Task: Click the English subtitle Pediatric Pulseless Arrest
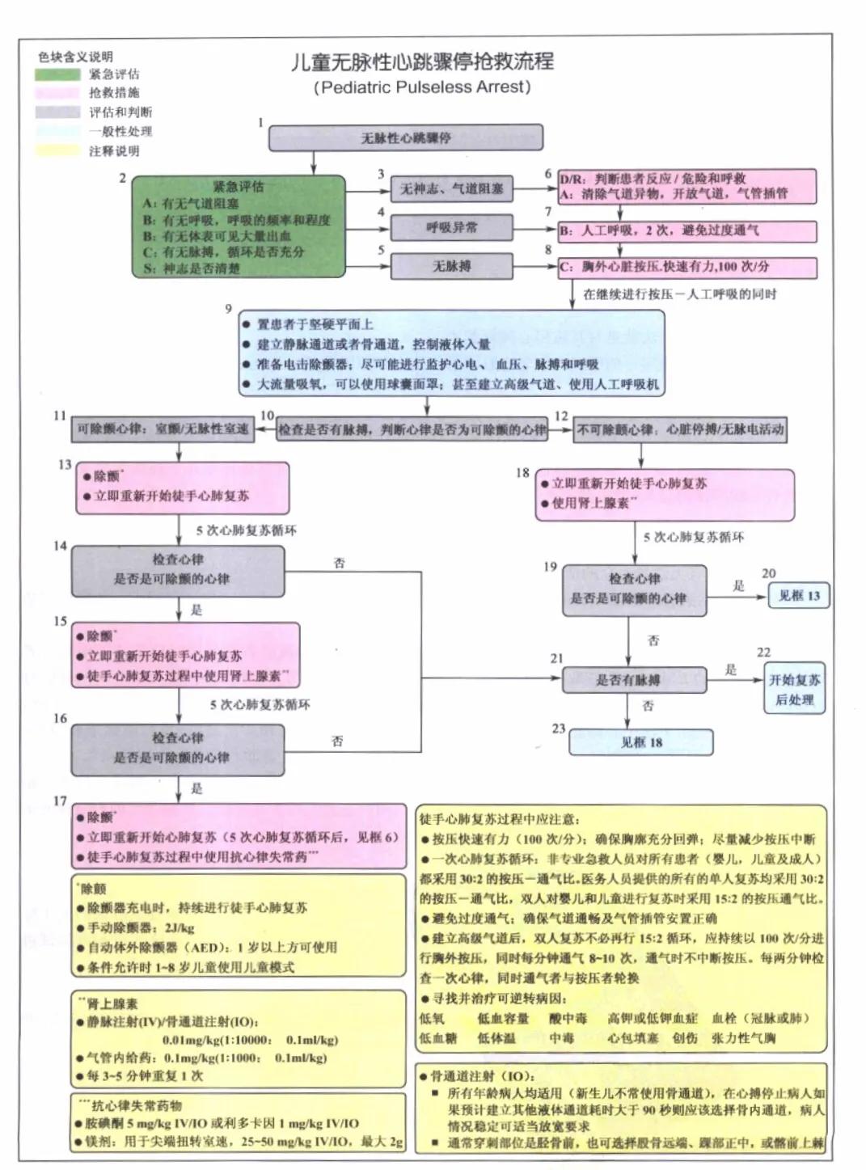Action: pos(421,87)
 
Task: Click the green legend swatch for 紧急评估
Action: pos(57,74)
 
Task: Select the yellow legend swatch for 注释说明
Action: pos(57,150)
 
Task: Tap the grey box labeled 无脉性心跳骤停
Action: pos(405,138)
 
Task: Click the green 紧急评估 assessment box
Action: pos(239,227)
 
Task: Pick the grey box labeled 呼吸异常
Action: pos(451,228)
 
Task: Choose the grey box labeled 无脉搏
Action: pos(451,266)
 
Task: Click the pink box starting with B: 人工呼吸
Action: pos(686,231)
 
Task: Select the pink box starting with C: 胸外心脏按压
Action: pos(686,267)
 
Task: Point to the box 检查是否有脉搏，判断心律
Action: pos(412,429)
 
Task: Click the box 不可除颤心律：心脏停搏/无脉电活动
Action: pos(679,429)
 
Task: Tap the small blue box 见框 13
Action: pos(798,596)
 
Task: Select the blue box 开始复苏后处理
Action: pos(794,690)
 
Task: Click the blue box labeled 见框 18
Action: pos(640,742)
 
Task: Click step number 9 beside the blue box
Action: pos(229,308)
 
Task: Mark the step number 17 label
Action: pos(60,800)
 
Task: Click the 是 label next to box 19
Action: pos(738,585)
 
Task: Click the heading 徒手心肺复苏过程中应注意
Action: pos(499,819)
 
